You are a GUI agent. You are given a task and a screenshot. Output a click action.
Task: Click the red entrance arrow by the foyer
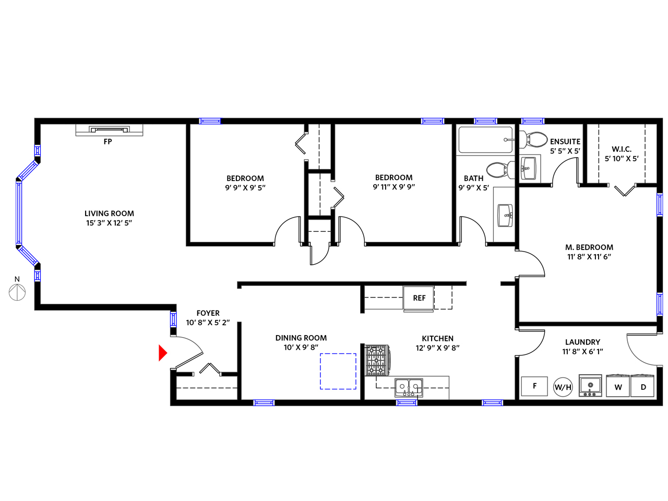(x=162, y=353)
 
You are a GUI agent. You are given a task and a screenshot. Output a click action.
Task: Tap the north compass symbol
(x=17, y=292)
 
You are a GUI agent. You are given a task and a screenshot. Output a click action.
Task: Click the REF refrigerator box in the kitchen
(x=419, y=298)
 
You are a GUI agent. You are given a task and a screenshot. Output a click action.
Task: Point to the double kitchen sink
(x=409, y=388)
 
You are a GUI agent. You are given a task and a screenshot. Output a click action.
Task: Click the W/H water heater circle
(x=563, y=387)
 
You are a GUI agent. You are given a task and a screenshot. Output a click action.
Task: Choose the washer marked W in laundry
(x=618, y=386)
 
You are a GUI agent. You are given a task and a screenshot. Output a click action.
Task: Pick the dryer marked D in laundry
(x=642, y=386)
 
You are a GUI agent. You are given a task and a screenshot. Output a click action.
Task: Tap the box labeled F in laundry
(x=534, y=386)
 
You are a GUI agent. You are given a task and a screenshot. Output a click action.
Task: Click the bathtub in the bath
(x=486, y=140)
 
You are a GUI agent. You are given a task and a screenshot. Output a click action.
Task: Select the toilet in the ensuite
(x=533, y=139)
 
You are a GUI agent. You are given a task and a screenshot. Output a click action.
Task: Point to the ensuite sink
(x=529, y=168)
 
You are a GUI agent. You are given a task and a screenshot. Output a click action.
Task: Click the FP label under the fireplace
(x=108, y=141)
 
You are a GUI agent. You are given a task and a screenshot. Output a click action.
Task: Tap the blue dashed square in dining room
(x=338, y=371)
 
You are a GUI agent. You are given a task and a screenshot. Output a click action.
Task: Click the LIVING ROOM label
(x=109, y=213)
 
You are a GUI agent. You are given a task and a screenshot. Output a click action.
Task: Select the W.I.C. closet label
(x=622, y=149)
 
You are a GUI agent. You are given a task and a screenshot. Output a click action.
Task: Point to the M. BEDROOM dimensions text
(x=589, y=257)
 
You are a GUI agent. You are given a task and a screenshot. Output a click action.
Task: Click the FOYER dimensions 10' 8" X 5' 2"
(x=208, y=323)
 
